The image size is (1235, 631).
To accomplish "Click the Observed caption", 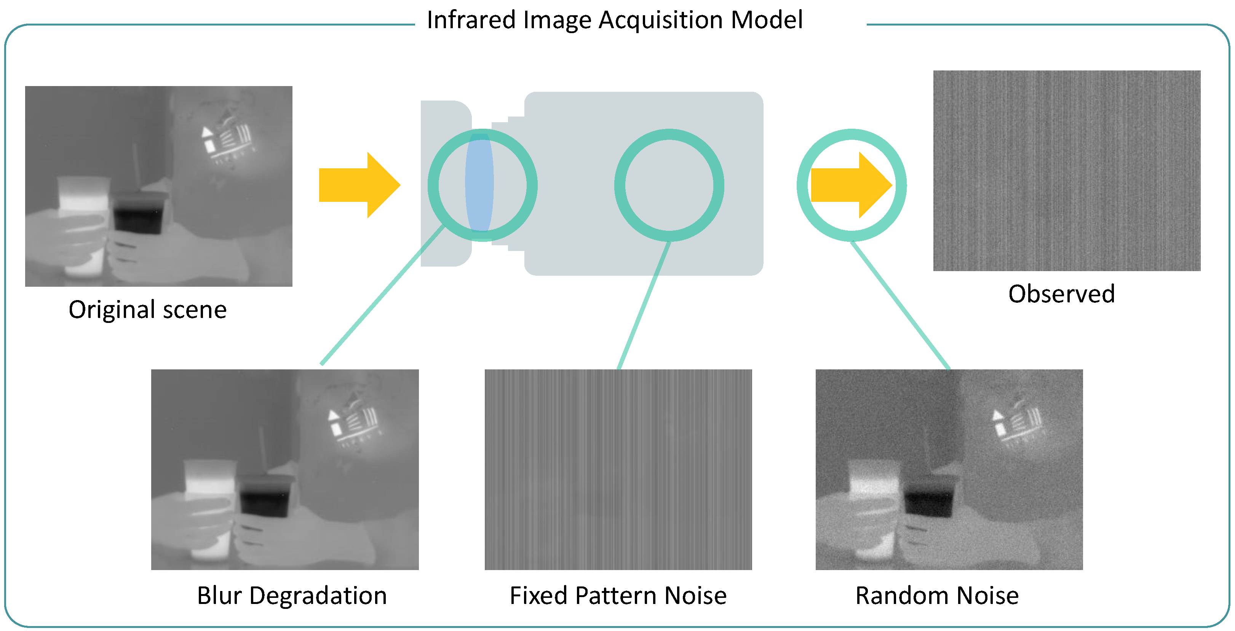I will (x=1061, y=294).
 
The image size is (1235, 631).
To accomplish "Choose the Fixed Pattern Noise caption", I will (x=618, y=595).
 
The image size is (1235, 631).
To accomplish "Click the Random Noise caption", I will (x=937, y=595).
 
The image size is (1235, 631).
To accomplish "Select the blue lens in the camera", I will (x=479, y=183).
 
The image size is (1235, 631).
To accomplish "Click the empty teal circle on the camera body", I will (x=669, y=185).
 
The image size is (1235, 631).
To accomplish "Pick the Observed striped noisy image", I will (x=1066, y=171).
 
